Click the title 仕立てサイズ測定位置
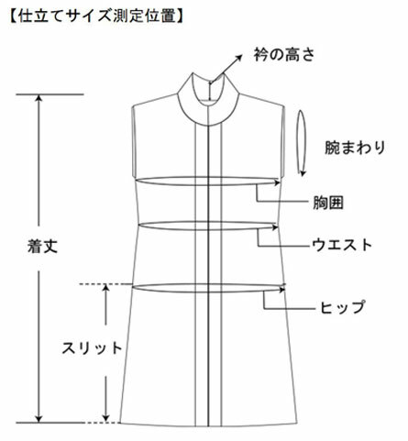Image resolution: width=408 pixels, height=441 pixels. tap(96, 17)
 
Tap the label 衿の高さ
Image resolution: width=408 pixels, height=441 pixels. tap(284, 55)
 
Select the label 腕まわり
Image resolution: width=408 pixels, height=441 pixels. tap(355, 148)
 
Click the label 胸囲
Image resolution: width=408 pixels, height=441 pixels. tap(328, 203)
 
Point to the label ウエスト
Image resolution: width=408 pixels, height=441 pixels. tap(342, 245)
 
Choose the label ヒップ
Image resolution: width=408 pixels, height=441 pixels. tap(343, 307)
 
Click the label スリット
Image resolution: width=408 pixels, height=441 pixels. tap(92, 348)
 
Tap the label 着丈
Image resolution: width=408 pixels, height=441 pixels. tap(42, 247)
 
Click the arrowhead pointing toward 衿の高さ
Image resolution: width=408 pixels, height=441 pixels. tap(238, 58)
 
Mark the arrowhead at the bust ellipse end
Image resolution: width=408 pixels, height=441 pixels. tap(278, 182)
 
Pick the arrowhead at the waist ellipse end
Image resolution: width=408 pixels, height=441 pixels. tap(276, 227)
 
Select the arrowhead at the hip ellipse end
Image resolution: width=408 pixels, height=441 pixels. tap(282, 290)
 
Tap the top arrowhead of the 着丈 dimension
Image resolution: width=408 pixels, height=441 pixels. tap(39, 98)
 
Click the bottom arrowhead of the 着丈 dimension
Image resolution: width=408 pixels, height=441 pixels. tap(39, 419)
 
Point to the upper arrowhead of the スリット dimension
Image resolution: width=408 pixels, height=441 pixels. tap(105, 288)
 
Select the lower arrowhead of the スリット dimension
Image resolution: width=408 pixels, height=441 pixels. tap(105, 417)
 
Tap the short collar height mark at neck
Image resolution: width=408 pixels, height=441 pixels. tap(210, 91)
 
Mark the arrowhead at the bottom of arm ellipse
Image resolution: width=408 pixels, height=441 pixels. tap(303, 173)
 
